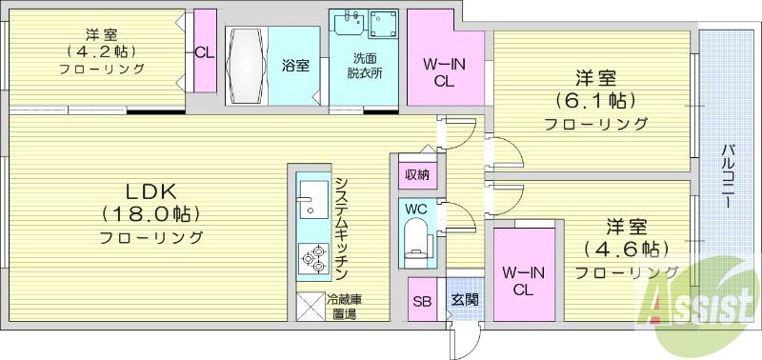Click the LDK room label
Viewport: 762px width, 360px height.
(x=150, y=191)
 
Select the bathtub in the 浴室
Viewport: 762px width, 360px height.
(x=247, y=65)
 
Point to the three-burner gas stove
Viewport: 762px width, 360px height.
(x=313, y=259)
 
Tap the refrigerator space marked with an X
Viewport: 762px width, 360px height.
(x=311, y=306)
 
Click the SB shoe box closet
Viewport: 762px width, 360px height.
(x=422, y=299)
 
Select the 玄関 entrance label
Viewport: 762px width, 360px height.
(x=465, y=299)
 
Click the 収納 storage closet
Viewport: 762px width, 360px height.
(x=417, y=174)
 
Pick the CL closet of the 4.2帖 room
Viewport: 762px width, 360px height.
(x=205, y=51)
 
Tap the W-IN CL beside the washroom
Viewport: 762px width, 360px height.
(x=444, y=57)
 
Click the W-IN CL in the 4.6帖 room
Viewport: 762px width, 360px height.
(x=524, y=275)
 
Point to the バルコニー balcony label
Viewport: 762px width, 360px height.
(x=728, y=176)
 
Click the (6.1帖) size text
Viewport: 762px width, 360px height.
(x=596, y=101)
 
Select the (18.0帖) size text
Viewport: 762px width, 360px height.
(x=150, y=214)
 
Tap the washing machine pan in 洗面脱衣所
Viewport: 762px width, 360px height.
(x=383, y=25)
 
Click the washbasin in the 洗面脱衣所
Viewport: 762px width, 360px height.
(x=349, y=22)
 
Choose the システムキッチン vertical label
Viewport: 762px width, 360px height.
(x=341, y=230)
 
